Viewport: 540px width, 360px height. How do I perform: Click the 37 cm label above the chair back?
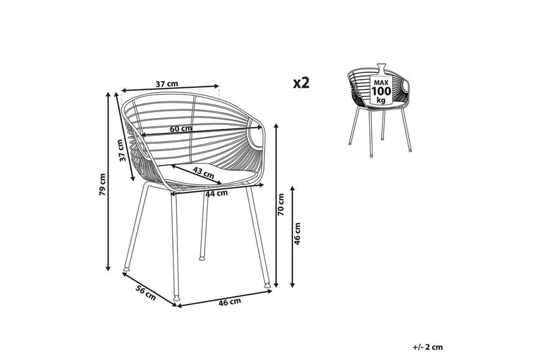point(167,84)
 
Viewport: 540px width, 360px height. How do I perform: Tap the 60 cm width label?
point(181,128)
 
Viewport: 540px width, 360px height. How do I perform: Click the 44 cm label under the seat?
point(215,194)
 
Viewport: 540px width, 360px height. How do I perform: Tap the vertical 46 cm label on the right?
point(297,234)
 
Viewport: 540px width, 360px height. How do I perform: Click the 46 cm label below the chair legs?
point(230,302)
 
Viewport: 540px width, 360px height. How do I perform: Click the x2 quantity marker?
point(301,83)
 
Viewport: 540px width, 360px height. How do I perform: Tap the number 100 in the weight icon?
point(381,91)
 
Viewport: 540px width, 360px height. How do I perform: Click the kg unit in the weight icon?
point(381,99)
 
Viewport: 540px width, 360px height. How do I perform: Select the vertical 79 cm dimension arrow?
point(109,182)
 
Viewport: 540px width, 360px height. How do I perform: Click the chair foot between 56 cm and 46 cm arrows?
point(177,297)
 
